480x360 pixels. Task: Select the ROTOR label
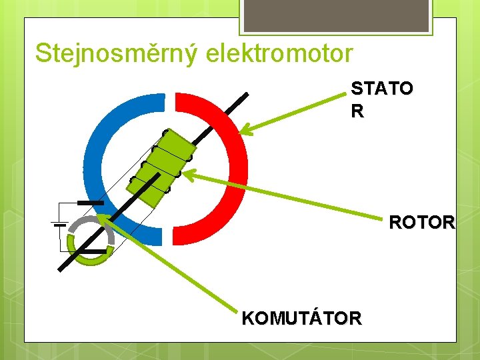422,222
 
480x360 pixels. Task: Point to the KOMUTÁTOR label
302,318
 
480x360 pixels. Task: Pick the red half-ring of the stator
233,167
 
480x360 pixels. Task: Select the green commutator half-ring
100,259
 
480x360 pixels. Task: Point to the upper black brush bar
91,202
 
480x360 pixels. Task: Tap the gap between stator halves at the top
169,100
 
